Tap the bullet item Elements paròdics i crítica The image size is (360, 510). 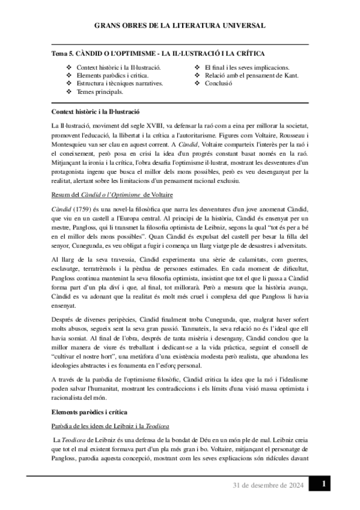pos(109,76)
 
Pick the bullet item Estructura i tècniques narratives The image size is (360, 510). pos(118,84)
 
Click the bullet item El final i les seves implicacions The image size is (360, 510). pos(246,67)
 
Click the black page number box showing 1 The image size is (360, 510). pos(323,484)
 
